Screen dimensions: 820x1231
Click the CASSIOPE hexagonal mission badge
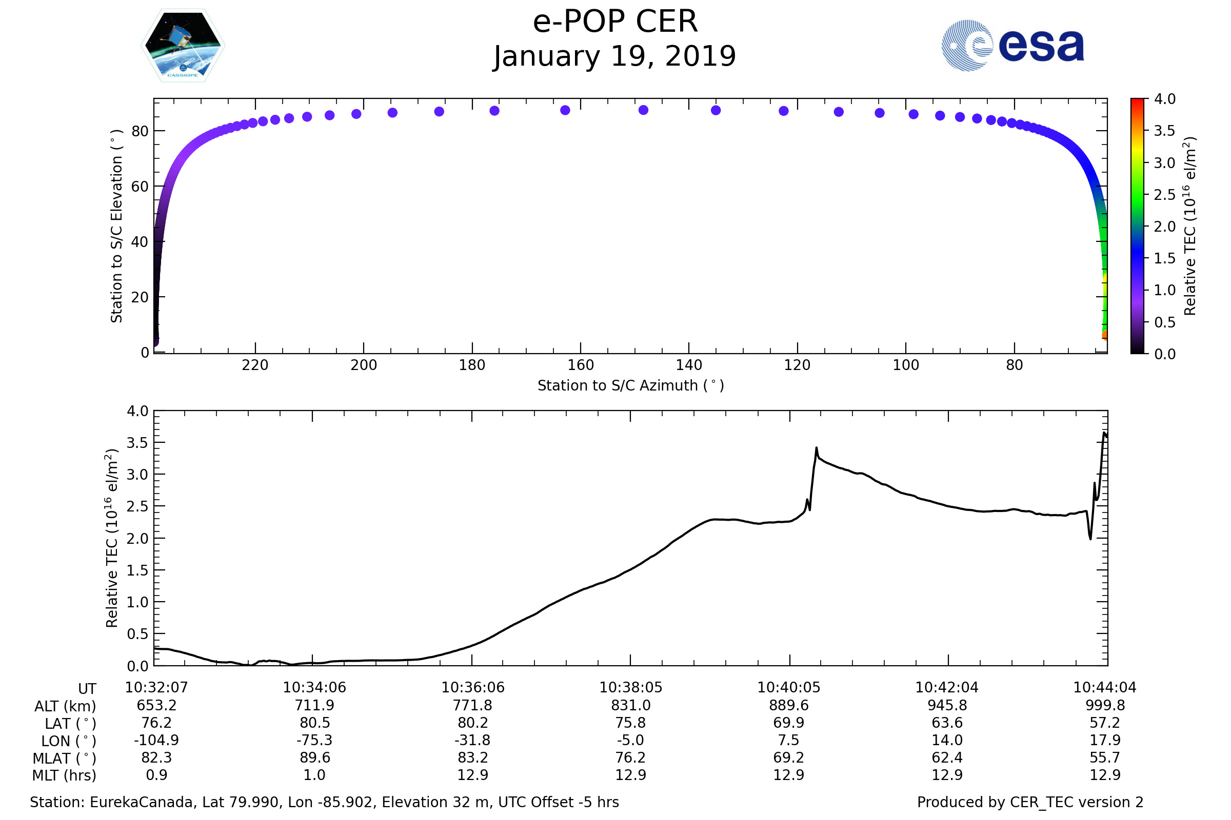pyautogui.click(x=183, y=46)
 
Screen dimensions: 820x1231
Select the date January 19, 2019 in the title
pyautogui.click(x=614, y=56)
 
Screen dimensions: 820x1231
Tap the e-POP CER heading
pyautogui.click(x=615, y=22)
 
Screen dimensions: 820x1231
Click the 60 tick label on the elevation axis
pyautogui.click(x=140, y=187)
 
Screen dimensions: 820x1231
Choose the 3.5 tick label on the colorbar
pyautogui.click(x=1164, y=131)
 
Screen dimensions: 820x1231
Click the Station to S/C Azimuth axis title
pyautogui.click(x=631, y=386)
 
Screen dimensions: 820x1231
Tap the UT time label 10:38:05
pyautogui.click(x=631, y=688)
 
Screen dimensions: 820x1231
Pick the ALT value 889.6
pyautogui.click(x=789, y=706)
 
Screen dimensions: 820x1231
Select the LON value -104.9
pyautogui.click(x=156, y=741)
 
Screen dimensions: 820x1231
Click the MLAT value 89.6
pyautogui.click(x=314, y=758)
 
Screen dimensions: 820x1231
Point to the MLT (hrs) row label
pyautogui.click(x=65, y=775)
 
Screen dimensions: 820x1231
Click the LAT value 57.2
pyautogui.click(x=1105, y=723)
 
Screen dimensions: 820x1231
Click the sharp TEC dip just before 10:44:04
pyautogui.click(x=1091, y=539)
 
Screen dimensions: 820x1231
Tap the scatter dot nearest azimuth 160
pyautogui.click(x=565, y=110)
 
